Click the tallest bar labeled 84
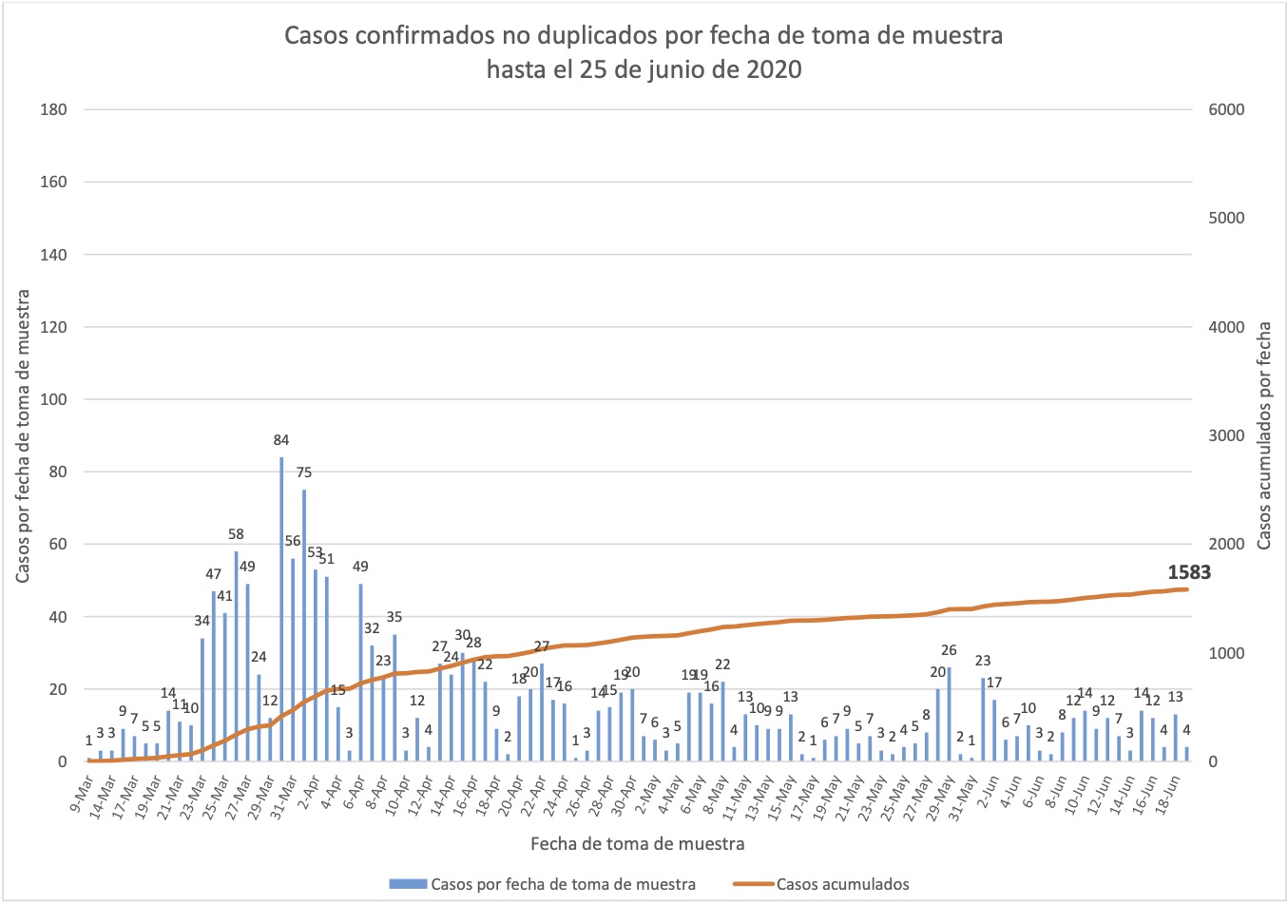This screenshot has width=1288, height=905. pos(281,608)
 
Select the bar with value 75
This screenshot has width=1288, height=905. pos(304,626)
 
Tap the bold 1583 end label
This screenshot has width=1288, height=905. pos(1189,572)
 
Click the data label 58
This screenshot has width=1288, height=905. pos(236,534)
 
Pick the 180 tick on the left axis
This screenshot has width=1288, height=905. pos(54,109)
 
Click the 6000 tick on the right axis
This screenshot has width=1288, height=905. pos(1225,109)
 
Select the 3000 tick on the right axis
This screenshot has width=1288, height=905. pos(1225,435)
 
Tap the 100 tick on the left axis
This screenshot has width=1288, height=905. pos(54,399)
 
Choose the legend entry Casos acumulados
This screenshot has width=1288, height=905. pos(842,884)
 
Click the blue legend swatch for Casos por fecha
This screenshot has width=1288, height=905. pos(409,884)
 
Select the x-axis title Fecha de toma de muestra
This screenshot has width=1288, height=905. pos(637,843)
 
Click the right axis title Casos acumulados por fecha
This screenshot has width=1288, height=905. pos(1264,435)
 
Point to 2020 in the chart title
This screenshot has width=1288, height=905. pos(772,69)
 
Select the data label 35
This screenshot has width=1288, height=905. pos(394,618)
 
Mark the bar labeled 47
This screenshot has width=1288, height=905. pos(214,676)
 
